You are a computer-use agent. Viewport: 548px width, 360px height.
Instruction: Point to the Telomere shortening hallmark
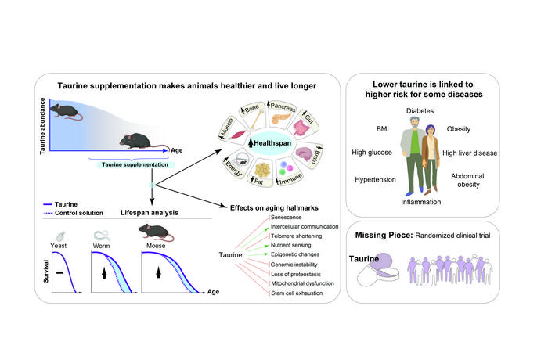pos(283,236)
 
